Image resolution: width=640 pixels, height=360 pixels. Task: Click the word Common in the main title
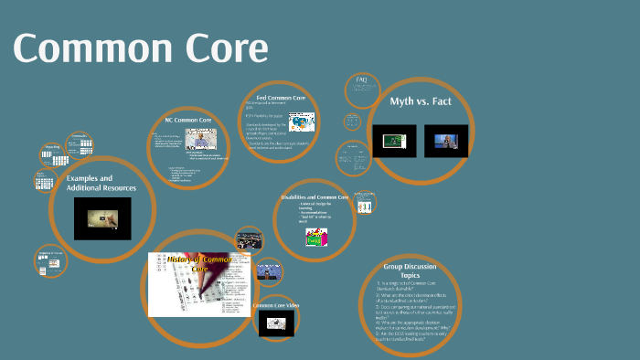[87, 48]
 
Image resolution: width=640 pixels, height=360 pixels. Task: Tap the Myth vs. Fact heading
[420, 101]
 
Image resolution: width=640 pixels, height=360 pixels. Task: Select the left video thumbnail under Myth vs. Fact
[394, 141]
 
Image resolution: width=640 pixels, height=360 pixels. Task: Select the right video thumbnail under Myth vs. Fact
[445, 141]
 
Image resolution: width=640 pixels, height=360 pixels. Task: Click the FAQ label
[361, 80]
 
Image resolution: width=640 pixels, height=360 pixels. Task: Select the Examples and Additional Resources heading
[101, 183]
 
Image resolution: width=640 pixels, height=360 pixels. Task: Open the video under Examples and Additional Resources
[101, 217]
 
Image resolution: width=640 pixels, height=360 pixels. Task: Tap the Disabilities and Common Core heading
[315, 196]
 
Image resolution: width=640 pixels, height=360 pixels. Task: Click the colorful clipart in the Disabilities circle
[315, 237]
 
